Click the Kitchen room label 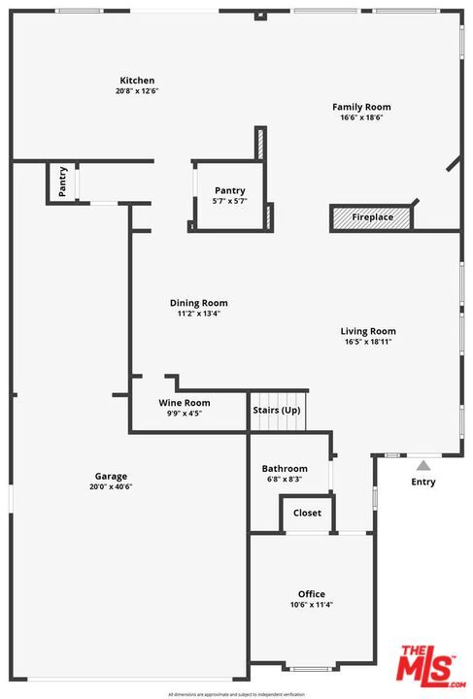click(137, 81)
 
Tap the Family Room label click(361, 107)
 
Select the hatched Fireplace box click(372, 217)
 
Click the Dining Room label click(198, 303)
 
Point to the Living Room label click(369, 331)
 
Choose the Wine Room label click(185, 403)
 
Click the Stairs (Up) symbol click(278, 410)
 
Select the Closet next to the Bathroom click(307, 514)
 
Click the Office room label click(312, 594)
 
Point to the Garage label click(111, 476)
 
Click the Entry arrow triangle click(422, 465)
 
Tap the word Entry click(423, 482)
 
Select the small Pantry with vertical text click(62, 182)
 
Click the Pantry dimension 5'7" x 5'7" click(230, 201)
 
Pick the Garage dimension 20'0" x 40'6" click(111, 486)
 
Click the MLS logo click(426, 668)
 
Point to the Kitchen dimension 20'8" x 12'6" click(137, 91)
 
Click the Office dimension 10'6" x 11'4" click(312, 605)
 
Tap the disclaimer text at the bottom click(236, 694)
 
